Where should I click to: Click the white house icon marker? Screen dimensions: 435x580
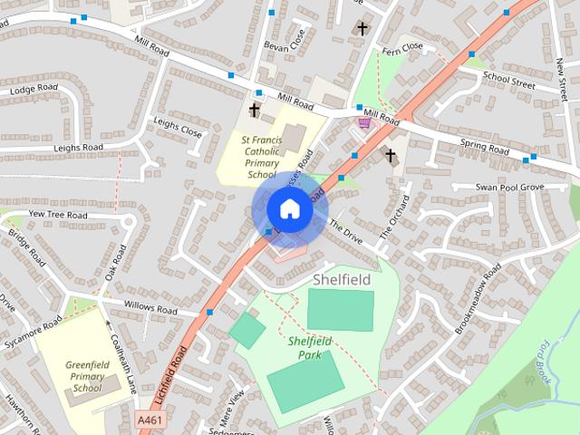tap(289, 209)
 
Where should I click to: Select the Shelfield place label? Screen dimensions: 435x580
tap(342, 280)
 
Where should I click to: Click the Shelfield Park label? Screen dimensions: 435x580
tap(310, 347)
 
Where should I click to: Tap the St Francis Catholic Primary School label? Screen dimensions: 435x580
tap(261, 157)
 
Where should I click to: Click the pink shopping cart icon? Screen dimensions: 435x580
tap(364, 122)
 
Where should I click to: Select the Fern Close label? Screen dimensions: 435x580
tap(402, 47)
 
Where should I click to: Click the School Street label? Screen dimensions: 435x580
tap(509, 80)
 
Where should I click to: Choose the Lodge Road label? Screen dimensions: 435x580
tap(33, 90)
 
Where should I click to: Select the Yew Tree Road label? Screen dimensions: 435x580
tap(58, 215)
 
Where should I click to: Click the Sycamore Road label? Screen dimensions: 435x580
tap(33, 328)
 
